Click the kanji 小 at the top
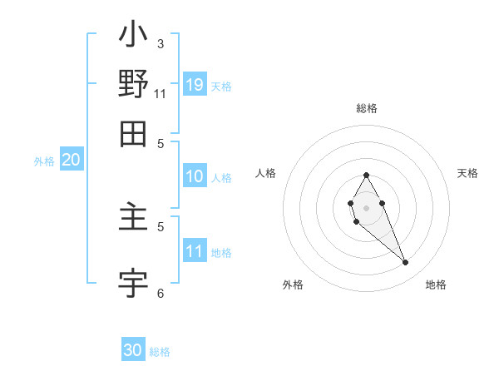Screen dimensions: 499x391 [x=133, y=36]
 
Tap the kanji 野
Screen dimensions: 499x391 [x=133, y=85]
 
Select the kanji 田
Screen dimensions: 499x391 [x=133, y=133]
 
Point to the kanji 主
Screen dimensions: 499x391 [x=133, y=220]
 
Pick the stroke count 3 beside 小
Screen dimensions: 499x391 [x=161, y=43]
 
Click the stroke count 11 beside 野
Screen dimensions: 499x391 [x=161, y=93]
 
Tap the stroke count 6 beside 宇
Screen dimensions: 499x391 [x=161, y=293]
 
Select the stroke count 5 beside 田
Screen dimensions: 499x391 [x=161, y=142]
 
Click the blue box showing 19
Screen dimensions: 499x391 [x=195, y=84]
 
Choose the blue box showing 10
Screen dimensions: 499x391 [x=195, y=176]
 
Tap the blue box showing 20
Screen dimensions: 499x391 [x=71, y=161]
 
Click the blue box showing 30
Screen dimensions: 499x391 [x=133, y=350]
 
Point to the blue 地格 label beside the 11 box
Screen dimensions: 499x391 [x=221, y=253]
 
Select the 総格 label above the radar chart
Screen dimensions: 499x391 [x=366, y=108]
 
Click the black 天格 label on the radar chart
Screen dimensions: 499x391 [x=467, y=173]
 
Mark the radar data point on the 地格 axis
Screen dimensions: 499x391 [x=405, y=262]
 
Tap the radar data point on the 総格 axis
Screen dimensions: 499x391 [x=366, y=175]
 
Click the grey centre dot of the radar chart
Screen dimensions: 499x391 [x=366, y=207]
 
